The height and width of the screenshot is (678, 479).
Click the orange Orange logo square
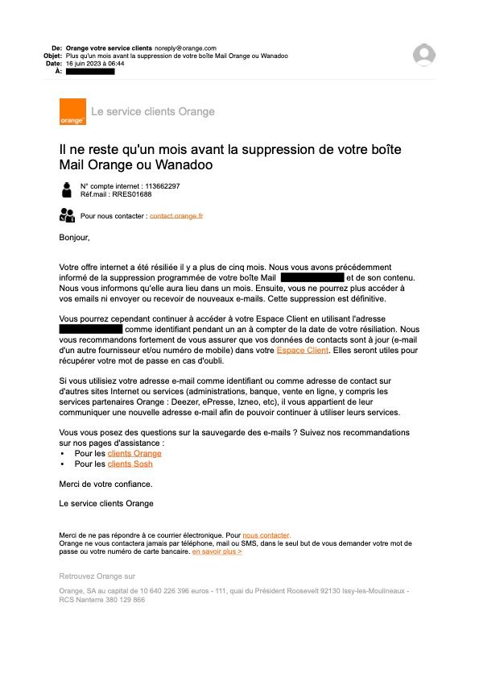[72, 111]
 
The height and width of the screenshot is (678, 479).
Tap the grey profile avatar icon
[423, 55]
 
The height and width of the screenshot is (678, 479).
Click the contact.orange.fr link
[176, 216]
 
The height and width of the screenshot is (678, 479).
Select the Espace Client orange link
[302, 351]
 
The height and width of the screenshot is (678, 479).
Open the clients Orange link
[134, 453]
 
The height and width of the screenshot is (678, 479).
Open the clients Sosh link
[130, 464]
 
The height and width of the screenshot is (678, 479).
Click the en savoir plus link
[217, 551]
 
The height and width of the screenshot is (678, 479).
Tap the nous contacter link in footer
[266, 535]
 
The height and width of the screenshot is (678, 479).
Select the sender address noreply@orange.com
[185, 48]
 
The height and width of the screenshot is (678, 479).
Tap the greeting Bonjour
[74, 238]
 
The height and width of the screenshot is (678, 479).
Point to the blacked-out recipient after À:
[90, 72]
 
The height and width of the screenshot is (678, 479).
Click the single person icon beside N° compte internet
[66, 189]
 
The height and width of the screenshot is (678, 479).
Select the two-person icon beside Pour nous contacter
[67, 214]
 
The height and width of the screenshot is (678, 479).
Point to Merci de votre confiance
[105, 484]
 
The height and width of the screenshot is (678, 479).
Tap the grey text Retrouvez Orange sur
[97, 576]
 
